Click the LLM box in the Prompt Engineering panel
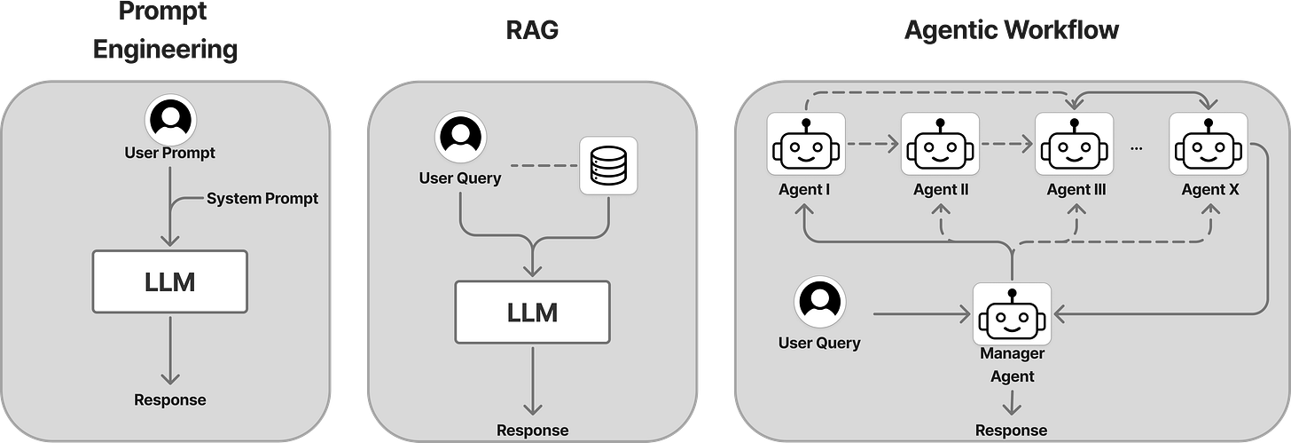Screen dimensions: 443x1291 pos(170,281)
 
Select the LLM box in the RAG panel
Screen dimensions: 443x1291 pos(532,312)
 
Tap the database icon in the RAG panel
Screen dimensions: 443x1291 pos(608,166)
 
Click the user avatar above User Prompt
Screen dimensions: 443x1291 pos(170,123)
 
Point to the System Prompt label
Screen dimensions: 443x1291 pos(262,199)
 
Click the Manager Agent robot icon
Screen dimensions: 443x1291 pos(1012,314)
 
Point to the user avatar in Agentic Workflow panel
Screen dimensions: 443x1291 pos(819,302)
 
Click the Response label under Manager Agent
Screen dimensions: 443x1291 pos(1011,431)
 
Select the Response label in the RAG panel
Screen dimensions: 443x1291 pos(532,431)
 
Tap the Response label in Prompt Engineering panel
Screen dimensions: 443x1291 pos(170,399)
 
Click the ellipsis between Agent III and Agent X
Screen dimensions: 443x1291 pos(1137,148)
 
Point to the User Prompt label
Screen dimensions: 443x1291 pos(170,154)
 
